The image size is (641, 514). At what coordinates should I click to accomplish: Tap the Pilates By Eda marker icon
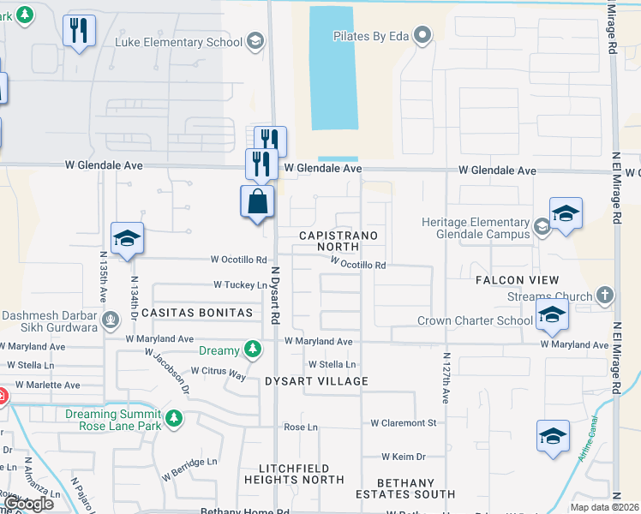click(422, 35)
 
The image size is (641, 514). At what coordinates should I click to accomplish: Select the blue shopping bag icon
click(258, 203)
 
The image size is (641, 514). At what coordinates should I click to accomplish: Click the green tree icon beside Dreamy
click(252, 349)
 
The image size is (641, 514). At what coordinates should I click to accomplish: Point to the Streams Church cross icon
click(605, 296)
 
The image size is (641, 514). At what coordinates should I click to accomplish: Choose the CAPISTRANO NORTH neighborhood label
click(338, 241)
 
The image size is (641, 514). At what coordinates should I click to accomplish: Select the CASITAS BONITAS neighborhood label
click(197, 314)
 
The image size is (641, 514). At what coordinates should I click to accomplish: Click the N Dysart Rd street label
click(276, 295)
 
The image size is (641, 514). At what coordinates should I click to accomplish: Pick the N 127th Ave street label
click(446, 377)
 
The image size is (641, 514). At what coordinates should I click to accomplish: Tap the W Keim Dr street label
click(404, 457)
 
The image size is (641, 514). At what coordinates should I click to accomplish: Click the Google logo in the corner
click(29, 503)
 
